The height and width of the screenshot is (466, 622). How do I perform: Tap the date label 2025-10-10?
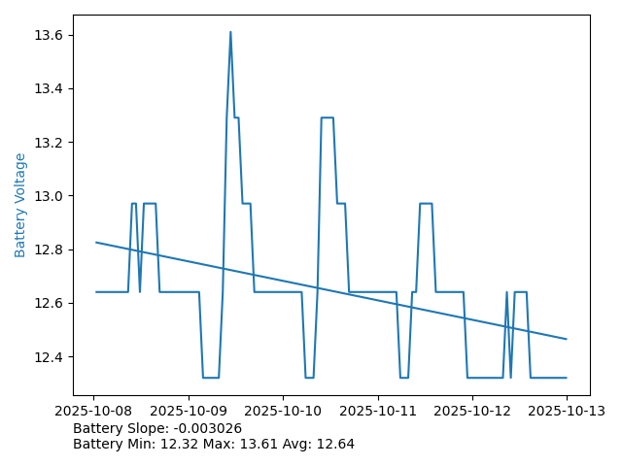[x=283, y=412]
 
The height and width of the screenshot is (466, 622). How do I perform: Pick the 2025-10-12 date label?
[x=472, y=412]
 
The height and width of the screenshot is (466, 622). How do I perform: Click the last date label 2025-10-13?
[x=567, y=412]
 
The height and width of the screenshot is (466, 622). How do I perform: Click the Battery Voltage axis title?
[x=20, y=205]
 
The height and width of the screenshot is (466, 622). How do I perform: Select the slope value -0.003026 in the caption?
[x=207, y=428]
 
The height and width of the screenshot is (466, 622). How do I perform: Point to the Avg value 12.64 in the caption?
[x=334, y=444]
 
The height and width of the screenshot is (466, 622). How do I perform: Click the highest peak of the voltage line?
[x=230, y=32]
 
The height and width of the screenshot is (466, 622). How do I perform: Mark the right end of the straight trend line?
[x=567, y=339]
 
